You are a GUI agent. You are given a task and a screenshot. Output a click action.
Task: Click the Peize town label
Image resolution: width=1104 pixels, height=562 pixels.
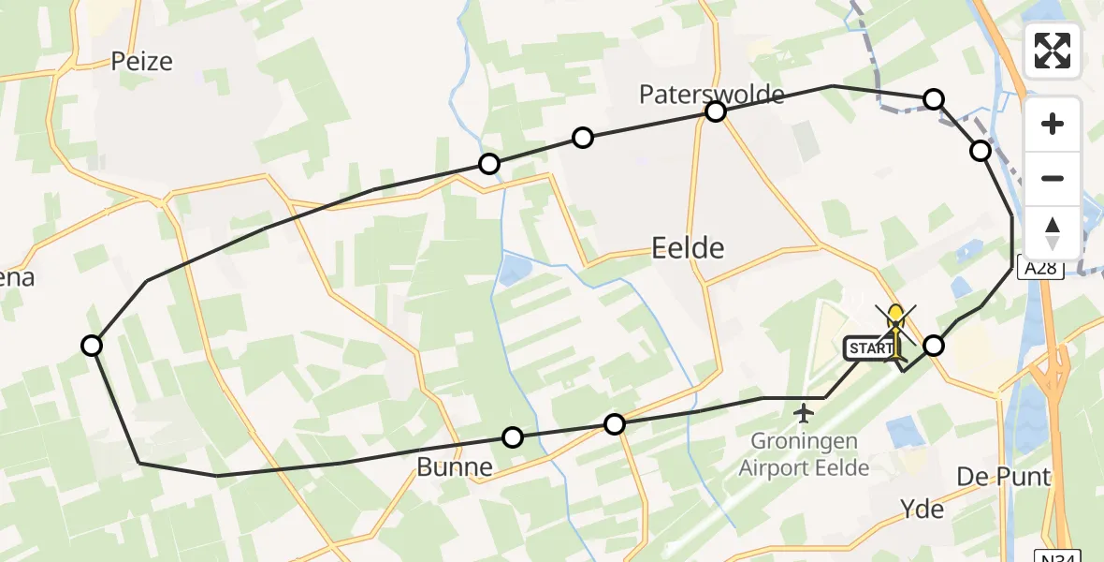[142, 62]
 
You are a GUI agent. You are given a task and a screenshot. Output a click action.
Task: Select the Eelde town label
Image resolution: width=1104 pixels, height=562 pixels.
[688, 248]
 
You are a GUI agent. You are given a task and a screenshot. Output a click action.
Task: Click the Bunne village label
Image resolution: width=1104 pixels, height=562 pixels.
[455, 466]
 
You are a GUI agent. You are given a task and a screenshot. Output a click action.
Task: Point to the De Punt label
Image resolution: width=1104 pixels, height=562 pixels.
[1003, 477]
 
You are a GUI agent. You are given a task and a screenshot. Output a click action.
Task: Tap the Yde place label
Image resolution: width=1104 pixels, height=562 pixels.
[922, 509]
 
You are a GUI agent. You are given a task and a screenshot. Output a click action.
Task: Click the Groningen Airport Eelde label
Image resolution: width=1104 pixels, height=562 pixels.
[803, 455]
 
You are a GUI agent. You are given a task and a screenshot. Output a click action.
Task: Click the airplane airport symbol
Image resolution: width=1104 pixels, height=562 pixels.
[803, 412]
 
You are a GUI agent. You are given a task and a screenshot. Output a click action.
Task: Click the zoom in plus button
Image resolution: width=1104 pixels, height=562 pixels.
[1053, 124]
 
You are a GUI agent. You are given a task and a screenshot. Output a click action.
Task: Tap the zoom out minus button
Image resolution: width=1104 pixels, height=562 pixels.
[1053, 178]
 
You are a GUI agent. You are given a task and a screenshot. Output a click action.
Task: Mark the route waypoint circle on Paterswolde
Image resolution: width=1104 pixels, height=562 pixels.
[716, 112]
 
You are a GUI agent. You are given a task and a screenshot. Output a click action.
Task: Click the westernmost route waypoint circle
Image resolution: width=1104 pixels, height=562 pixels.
[92, 346]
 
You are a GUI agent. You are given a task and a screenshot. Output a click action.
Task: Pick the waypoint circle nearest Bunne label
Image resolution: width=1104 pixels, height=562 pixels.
[513, 436]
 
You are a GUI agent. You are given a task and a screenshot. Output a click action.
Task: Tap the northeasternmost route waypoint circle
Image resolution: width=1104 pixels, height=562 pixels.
[934, 99]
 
